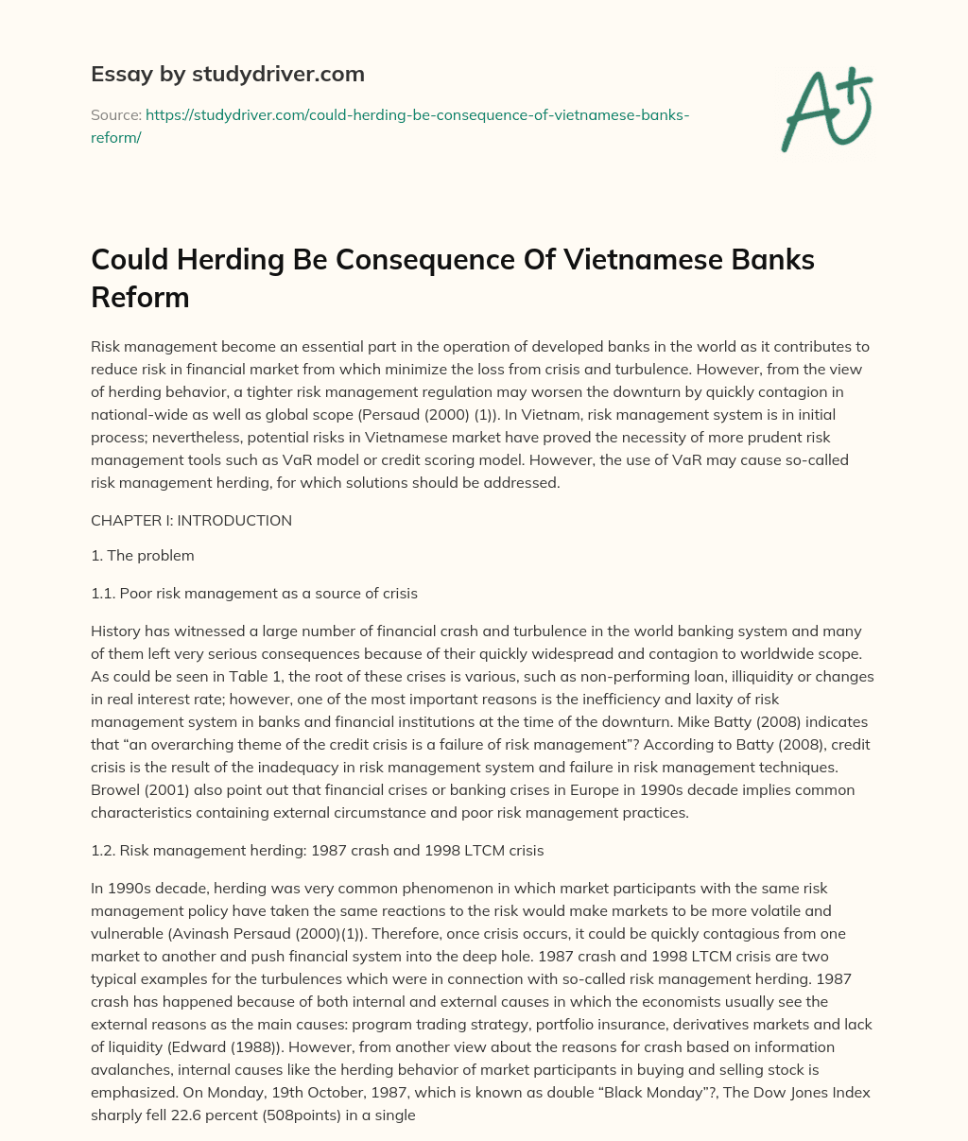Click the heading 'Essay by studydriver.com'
tap(227, 74)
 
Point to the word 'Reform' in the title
tap(140, 297)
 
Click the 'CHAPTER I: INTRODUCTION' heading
tap(191, 521)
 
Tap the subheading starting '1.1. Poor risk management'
tap(253, 594)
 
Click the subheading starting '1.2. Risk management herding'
tap(317, 851)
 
